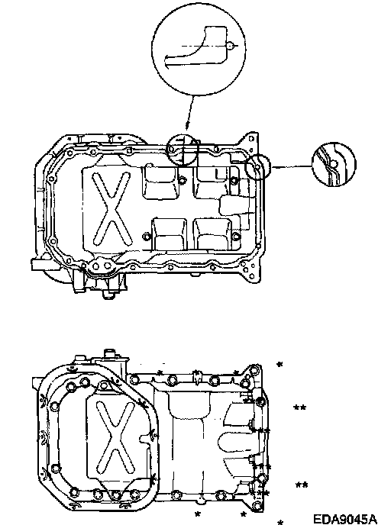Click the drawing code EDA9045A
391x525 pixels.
pos(344,519)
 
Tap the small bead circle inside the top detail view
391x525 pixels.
pos(230,46)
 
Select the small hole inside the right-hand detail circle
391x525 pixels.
pos(334,163)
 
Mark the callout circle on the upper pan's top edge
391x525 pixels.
pos(183,150)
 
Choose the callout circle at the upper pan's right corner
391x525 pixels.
pos(257,167)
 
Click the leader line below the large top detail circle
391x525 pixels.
pos(189,112)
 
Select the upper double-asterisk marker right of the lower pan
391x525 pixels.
pos(299,407)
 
